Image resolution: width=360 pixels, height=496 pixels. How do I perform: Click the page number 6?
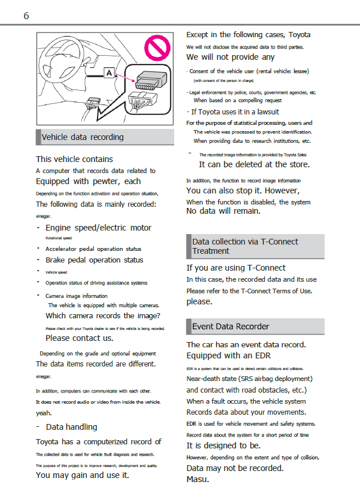point(26,16)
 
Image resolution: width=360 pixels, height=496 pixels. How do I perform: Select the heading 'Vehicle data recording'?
point(82,137)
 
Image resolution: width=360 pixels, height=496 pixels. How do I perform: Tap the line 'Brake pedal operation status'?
point(94,260)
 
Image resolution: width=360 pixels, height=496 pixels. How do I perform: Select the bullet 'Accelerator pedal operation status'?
point(93,249)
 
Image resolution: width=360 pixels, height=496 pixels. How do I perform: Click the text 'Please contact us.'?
point(79,337)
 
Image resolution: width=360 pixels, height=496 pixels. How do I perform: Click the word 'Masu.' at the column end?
point(197,479)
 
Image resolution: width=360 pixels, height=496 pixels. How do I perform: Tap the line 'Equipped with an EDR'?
point(228,355)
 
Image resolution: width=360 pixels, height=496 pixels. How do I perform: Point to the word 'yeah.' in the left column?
point(44,413)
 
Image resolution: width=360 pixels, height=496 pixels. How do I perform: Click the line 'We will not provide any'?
point(230,57)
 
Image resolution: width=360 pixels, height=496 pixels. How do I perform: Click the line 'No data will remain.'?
point(223,211)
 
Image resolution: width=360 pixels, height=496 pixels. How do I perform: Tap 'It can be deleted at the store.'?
point(254,164)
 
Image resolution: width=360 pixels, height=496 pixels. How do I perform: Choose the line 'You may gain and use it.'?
point(82,475)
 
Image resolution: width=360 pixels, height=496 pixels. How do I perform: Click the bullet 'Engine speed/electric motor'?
point(98,228)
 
